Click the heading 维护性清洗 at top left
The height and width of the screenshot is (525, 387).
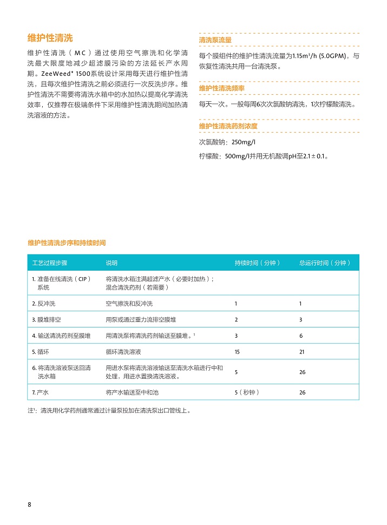[50, 38]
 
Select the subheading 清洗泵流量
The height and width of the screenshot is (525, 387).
[215, 40]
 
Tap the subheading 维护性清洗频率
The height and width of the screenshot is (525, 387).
[222, 88]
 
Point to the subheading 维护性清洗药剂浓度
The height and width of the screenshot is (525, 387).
[228, 126]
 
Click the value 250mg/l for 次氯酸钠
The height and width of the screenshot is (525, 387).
[243, 142]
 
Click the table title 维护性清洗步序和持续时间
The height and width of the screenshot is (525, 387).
[67, 243]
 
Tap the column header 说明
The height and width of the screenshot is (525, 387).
[111, 263]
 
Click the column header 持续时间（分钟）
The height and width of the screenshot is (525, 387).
[258, 263]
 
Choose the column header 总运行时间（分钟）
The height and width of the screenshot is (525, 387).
[325, 263]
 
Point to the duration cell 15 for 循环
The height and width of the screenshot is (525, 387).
[237, 352]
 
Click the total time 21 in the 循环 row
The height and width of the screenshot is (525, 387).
[302, 352]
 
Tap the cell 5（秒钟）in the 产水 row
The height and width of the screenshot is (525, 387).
[247, 392]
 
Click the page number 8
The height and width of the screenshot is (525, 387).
[29, 505]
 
